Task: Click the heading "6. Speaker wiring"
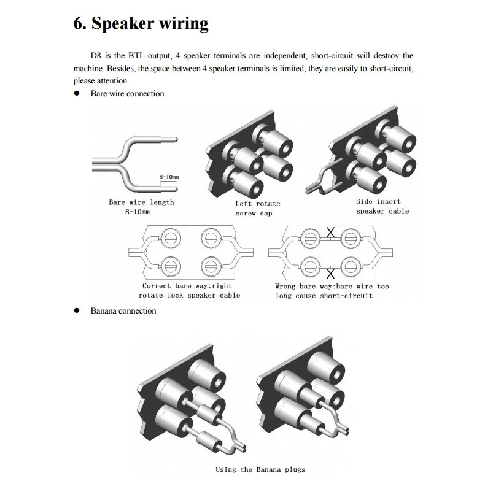pyautogui.click(x=141, y=23)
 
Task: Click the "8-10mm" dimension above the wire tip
pyautogui.click(x=168, y=177)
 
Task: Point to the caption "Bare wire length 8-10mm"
pyautogui.click(x=141, y=207)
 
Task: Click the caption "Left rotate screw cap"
pyautogui.click(x=258, y=209)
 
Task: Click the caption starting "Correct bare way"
pyautogui.click(x=187, y=291)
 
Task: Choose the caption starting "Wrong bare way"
pyautogui.click(x=332, y=291)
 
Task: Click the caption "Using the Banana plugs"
pyautogui.click(x=260, y=469)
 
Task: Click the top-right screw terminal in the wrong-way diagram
pyautogui.click(x=351, y=236)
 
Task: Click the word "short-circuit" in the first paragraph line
pyautogui.click(x=327, y=56)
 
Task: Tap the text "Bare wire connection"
pyautogui.click(x=127, y=94)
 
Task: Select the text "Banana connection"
pyautogui.click(x=123, y=311)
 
